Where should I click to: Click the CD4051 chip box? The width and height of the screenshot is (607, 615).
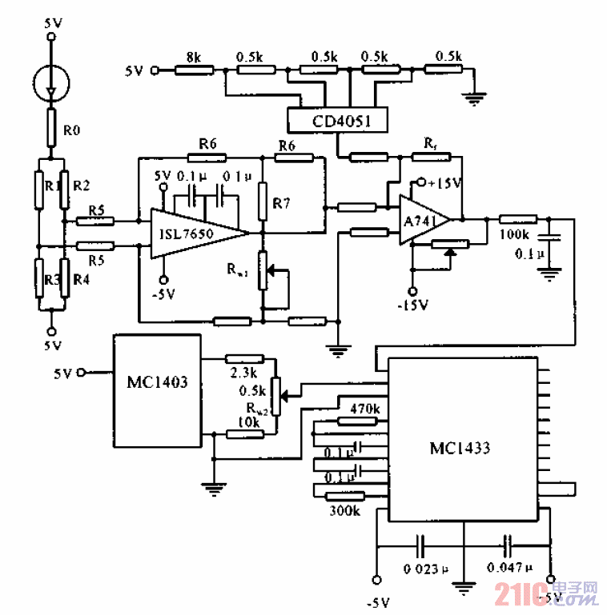pyautogui.click(x=336, y=121)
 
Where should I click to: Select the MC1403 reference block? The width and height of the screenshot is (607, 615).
pyautogui.click(x=157, y=381)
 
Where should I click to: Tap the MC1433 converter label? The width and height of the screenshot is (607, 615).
pyautogui.click(x=460, y=448)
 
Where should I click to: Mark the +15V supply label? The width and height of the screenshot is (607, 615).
pyautogui.click(x=445, y=183)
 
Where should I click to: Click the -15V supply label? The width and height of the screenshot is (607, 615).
pyautogui.click(x=413, y=306)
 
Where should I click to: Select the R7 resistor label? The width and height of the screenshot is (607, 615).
pyautogui.click(x=281, y=203)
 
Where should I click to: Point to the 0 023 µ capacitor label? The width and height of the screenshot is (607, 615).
pyautogui.click(x=420, y=569)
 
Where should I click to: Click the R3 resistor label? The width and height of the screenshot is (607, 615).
pyautogui.click(x=51, y=280)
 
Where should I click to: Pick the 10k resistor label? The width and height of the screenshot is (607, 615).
pyautogui.click(x=251, y=421)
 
